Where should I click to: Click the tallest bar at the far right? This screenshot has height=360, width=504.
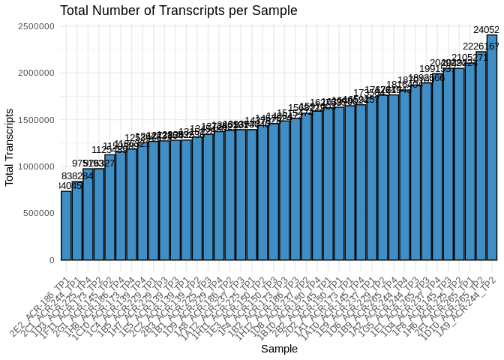coord(492,150)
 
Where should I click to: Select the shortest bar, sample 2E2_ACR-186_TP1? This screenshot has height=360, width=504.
coord(66,225)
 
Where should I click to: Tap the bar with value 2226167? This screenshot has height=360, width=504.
coord(481,157)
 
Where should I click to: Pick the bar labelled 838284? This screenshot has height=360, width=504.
coord(76,221)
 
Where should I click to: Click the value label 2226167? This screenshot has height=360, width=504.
coord(484,46)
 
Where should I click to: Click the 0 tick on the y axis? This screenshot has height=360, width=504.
coord(51,260)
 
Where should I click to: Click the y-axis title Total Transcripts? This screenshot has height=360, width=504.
coord(10,147)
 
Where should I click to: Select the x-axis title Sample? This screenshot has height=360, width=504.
coord(278,349)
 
